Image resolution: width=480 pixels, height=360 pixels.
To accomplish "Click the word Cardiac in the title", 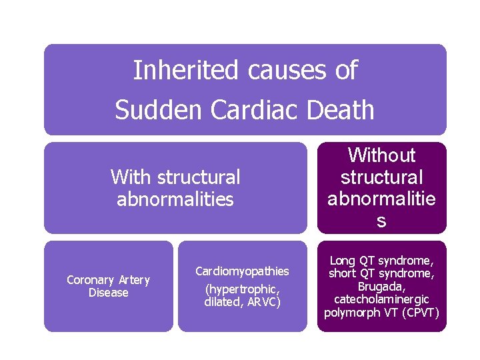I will (256, 110).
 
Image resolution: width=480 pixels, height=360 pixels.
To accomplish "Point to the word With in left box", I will (131, 177).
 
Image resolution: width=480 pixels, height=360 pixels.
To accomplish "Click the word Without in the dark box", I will (381, 155).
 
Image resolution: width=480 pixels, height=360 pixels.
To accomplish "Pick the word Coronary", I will (89, 280).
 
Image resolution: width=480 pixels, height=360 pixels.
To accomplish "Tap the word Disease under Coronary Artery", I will (108, 293).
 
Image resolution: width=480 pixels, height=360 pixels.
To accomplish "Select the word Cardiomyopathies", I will (242, 271).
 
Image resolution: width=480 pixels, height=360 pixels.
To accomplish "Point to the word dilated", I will (221, 302).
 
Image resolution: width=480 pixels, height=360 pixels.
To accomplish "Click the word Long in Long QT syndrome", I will (343, 261).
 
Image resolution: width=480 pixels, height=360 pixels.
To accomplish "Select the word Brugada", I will (381, 286).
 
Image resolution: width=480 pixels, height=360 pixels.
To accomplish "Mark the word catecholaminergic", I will (381, 299).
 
